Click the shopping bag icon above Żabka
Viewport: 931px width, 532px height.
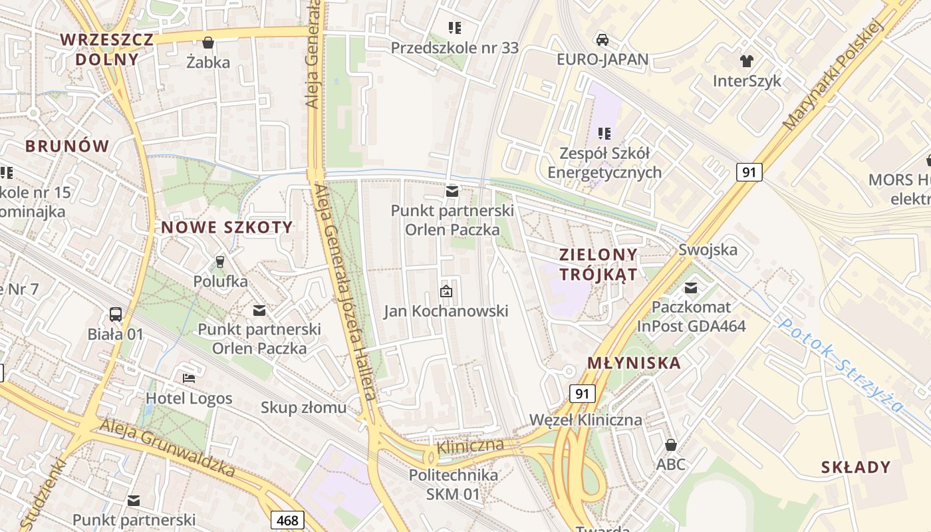point(208,43)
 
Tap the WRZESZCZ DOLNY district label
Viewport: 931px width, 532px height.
point(107,49)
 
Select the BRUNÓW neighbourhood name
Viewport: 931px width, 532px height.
point(67,146)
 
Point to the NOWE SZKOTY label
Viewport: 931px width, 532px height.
point(227,227)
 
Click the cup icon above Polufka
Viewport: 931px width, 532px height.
point(220,261)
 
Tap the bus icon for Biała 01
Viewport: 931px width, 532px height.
point(115,314)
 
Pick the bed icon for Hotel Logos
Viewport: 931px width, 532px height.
point(189,378)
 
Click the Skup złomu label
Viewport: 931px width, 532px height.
point(303,407)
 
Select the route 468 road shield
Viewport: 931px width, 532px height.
point(288,520)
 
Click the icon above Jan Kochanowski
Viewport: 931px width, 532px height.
point(446,291)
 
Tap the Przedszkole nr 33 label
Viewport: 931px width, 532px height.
point(455,48)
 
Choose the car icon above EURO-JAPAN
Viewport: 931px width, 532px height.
point(602,39)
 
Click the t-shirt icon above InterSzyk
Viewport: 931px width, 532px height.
point(747,61)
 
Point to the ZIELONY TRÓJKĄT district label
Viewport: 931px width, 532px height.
point(598,264)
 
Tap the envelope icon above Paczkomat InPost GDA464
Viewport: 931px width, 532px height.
point(691,288)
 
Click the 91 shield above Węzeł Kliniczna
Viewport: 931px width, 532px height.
point(582,394)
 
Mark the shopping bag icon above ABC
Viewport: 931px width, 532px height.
point(670,444)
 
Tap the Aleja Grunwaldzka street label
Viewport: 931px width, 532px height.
point(167,448)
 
